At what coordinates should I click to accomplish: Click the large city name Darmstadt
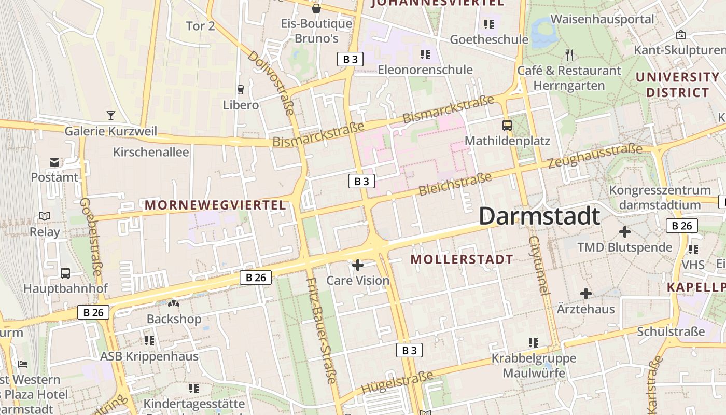(x=539, y=216)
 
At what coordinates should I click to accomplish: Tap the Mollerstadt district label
(x=462, y=259)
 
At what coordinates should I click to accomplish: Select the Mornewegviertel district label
(x=215, y=205)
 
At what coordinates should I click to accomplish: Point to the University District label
(x=677, y=85)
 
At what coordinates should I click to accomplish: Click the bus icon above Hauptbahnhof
(x=65, y=273)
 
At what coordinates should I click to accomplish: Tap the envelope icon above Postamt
(x=54, y=162)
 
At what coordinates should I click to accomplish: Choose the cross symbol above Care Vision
(x=357, y=266)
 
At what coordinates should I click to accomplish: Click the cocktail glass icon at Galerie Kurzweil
(x=110, y=115)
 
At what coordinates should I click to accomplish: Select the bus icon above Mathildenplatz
(x=507, y=125)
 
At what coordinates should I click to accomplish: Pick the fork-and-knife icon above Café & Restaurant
(x=569, y=55)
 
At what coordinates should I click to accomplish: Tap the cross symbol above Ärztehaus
(x=585, y=294)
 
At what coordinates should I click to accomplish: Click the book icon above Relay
(x=45, y=216)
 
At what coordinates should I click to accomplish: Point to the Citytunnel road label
(x=539, y=265)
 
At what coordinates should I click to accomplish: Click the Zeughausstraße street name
(x=595, y=156)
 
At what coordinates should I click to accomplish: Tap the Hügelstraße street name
(x=397, y=383)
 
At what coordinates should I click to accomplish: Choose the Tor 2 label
(x=200, y=26)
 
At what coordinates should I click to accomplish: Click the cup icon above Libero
(x=240, y=89)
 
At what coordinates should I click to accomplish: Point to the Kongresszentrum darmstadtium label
(x=660, y=197)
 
